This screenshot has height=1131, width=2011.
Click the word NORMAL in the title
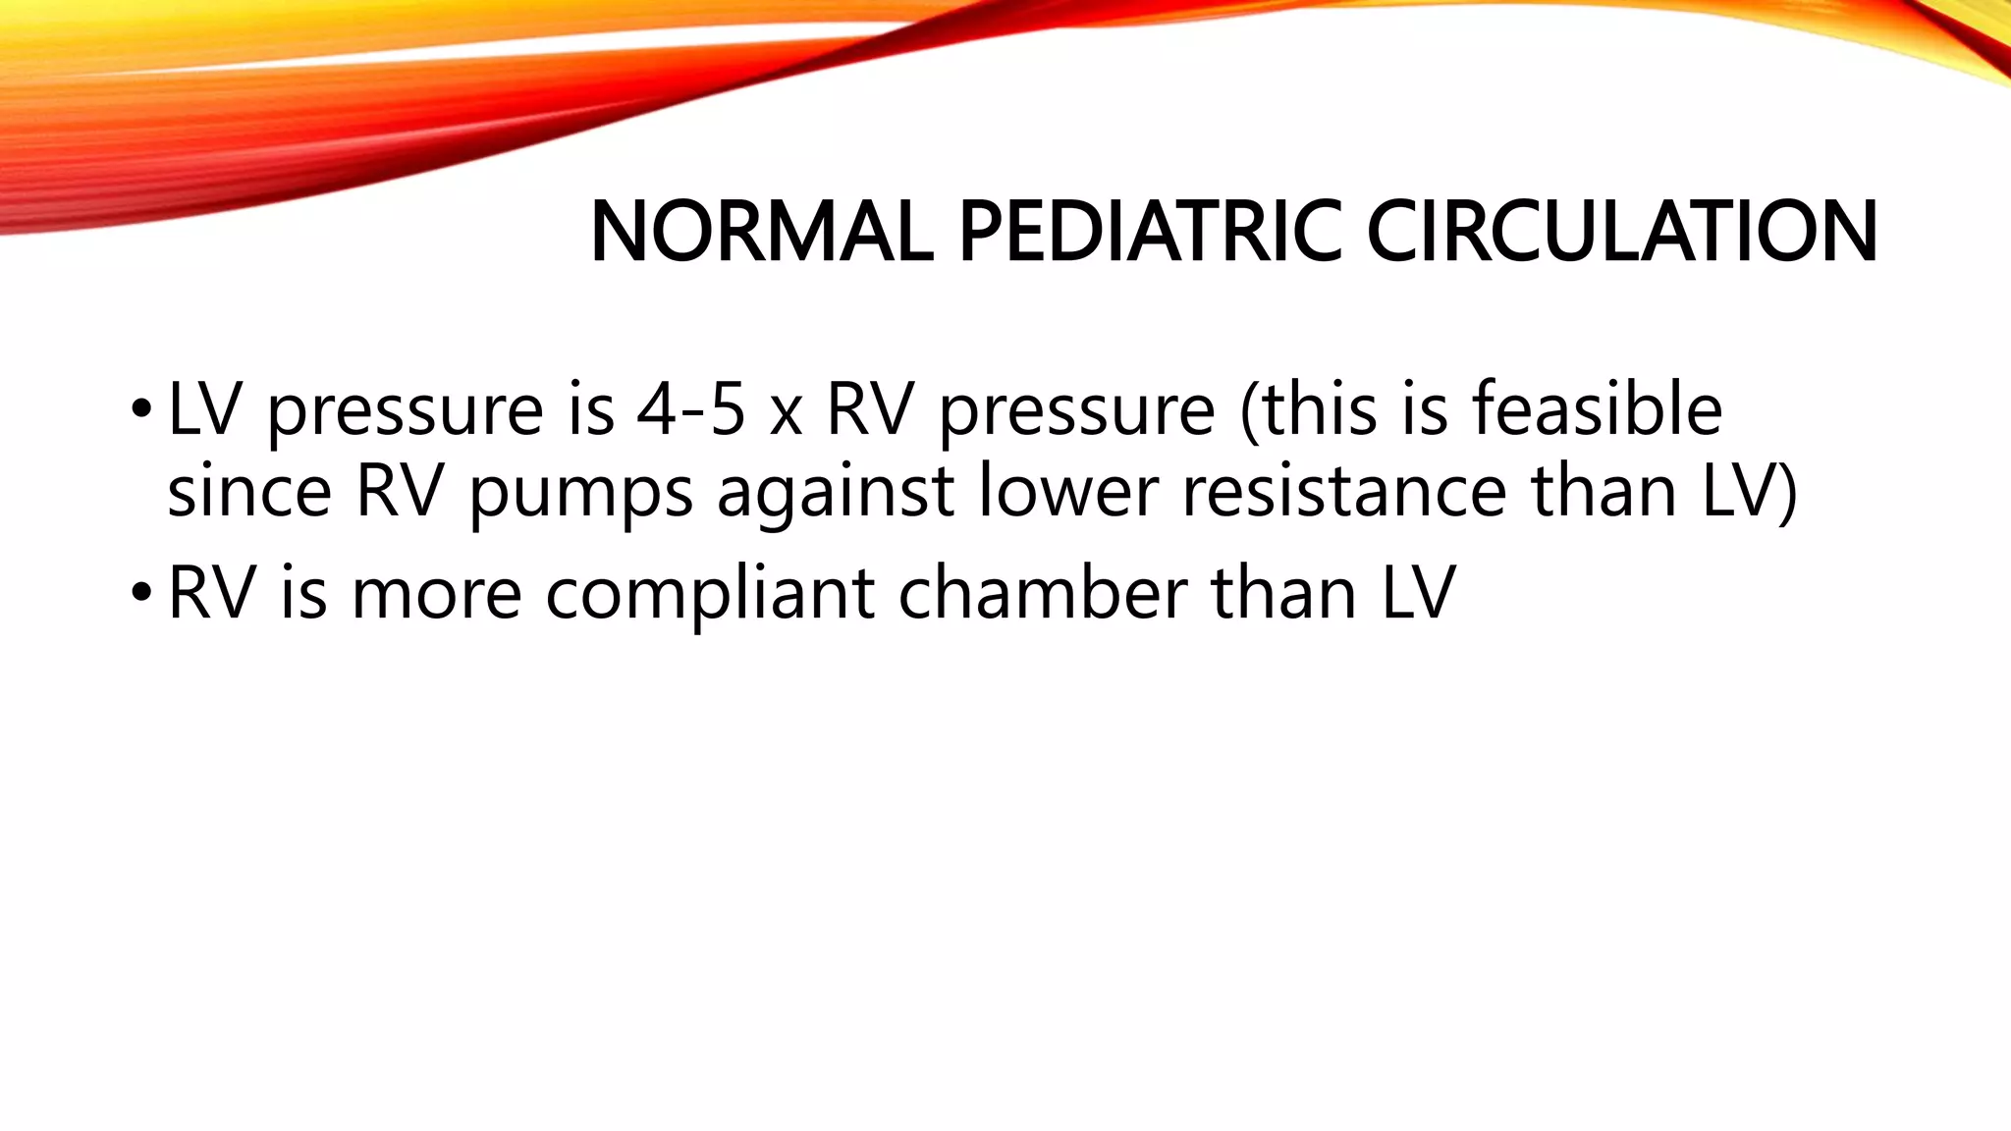pos(762,232)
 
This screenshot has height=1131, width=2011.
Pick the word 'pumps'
pos(580,494)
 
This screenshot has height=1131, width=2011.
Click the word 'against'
pos(836,494)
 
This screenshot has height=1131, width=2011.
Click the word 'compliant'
pos(710,595)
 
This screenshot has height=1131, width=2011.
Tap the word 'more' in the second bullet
pos(436,595)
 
